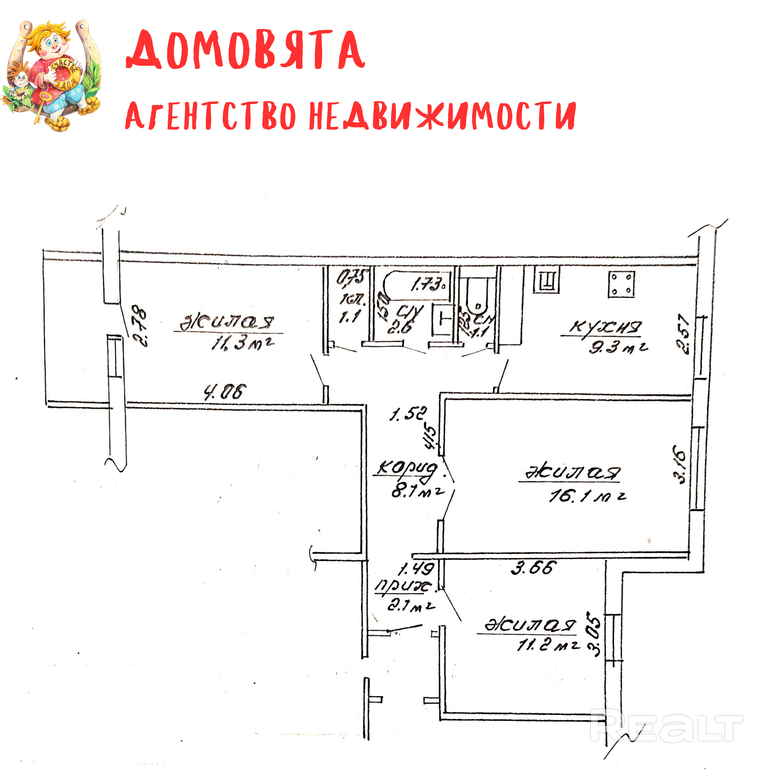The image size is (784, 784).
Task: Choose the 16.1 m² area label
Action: (x=587, y=496)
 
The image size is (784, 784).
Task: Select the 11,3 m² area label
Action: (x=242, y=343)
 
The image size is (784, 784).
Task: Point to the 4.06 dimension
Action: (x=225, y=392)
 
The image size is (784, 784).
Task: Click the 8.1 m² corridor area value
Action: (x=417, y=492)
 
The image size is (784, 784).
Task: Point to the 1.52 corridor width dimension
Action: (x=408, y=414)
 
